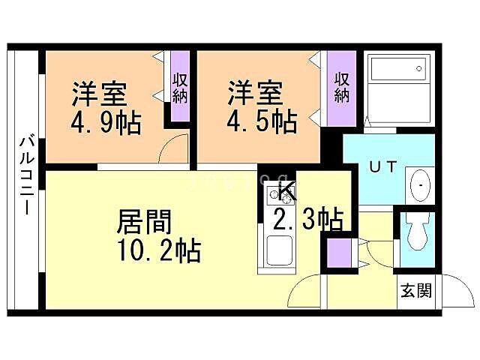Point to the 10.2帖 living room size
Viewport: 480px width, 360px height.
pos(157,250)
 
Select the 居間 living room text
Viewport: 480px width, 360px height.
pos(145,222)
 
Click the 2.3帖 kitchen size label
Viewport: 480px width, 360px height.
pos(307,220)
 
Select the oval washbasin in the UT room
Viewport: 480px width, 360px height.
pos(419,184)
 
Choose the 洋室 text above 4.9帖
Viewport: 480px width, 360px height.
pos(99,96)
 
